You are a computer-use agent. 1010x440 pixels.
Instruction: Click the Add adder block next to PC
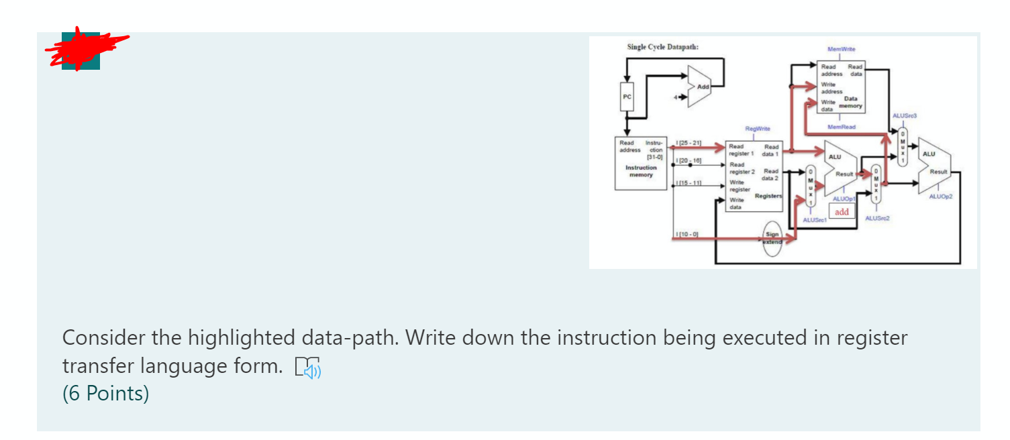pos(701,88)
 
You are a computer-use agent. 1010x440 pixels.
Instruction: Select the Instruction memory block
pos(640,163)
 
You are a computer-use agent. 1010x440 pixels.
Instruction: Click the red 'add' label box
pos(841,212)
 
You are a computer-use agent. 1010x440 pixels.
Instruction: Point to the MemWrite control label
pos(842,50)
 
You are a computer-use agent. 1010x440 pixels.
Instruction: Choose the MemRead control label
pos(841,126)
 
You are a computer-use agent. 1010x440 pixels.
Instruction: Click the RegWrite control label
pos(757,128)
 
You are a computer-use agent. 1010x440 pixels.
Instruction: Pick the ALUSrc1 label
pos(814,220)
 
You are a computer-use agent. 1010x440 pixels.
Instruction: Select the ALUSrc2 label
pos(877,218)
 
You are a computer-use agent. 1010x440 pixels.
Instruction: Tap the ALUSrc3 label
pos(903,116)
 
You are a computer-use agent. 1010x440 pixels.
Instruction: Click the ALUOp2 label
pos(940,197)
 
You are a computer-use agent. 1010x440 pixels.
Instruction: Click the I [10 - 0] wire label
pos(688,233)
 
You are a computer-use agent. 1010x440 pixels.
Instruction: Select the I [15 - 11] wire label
pos(689,182)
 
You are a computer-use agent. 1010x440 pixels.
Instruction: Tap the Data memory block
pos(841,87)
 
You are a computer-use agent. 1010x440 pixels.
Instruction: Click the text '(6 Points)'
pos(105,393)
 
